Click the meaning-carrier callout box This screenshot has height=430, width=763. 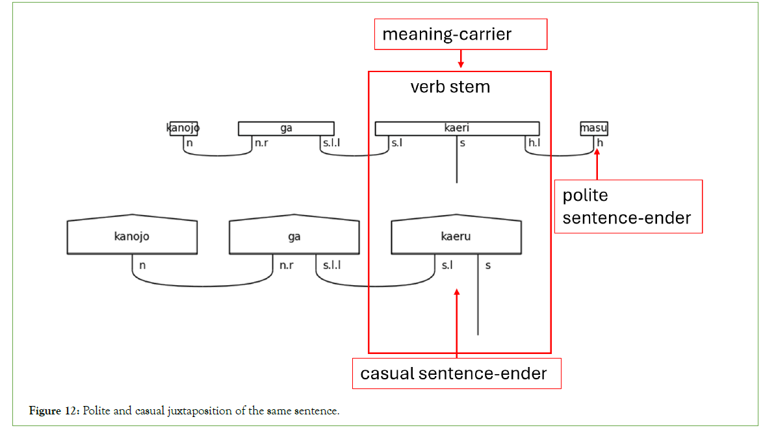(460, 34)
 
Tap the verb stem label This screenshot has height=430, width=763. (450, 86)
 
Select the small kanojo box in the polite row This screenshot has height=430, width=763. (183, 128)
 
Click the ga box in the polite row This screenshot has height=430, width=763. (286, 129)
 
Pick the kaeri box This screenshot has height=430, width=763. (457, 129)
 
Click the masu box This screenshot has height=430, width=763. (593, 129)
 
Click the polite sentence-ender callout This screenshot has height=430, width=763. (628, 207)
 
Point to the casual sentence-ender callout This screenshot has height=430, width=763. (456, 373)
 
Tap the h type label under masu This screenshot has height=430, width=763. (601, 143)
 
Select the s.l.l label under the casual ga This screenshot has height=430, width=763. (331, 265)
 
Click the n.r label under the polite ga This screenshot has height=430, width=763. (262, 143)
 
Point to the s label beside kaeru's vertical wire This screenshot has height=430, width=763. (488, 265)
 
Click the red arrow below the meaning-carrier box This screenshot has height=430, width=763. (460, 60)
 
